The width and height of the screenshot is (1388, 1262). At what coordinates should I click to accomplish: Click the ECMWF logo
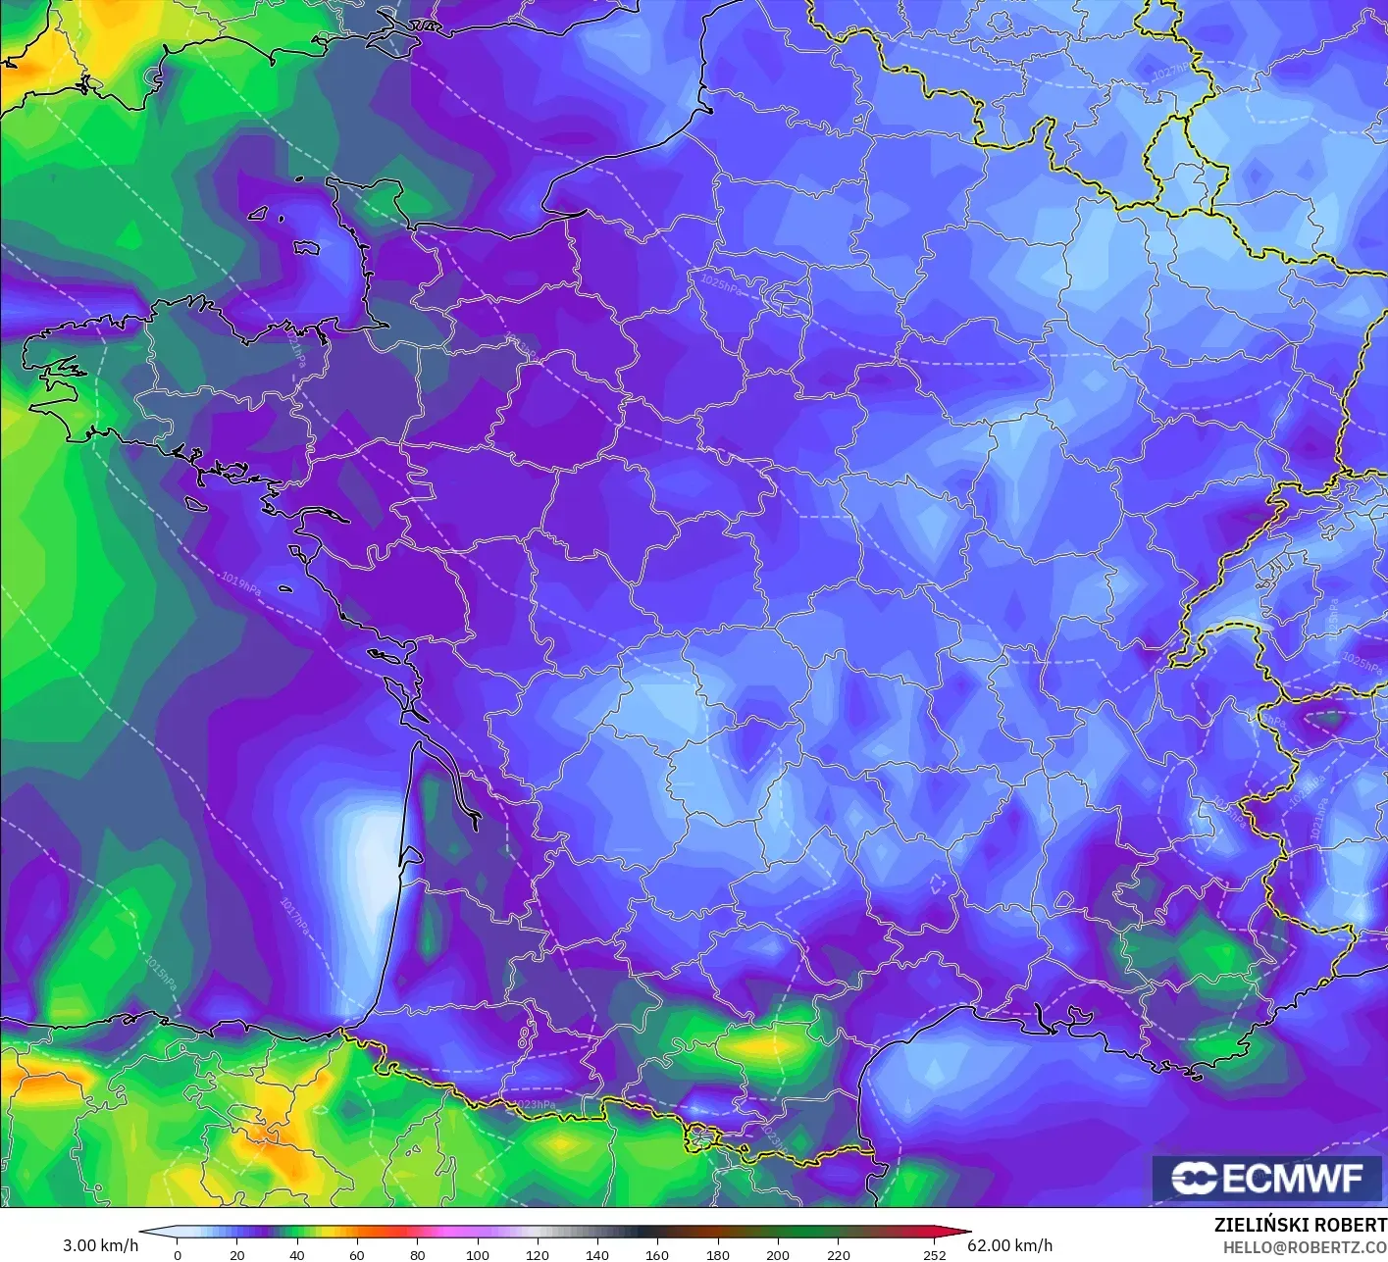click(x=1266, y=1178)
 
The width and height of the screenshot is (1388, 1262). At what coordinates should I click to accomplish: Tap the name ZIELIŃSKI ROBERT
click(x=1300, y=1225)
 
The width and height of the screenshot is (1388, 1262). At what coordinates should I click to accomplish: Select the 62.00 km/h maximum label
click(x=1009, y=1245)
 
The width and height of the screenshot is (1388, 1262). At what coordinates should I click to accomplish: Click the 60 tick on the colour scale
click(x=357, y=1254)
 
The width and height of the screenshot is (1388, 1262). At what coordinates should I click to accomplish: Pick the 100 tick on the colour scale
click(x=478, y=1254)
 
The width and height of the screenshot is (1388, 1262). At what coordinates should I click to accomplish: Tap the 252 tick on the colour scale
click(x=935, y=1254)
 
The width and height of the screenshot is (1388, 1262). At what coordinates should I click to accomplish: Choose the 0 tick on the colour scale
click(x=177, y=1254)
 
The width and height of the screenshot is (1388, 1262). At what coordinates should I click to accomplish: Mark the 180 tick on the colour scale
click(x=718, y=1254)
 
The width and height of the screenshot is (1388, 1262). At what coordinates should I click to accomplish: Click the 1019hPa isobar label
click(x=240, y=582)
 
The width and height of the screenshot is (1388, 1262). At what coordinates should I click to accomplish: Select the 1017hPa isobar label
click(x=293, y=918)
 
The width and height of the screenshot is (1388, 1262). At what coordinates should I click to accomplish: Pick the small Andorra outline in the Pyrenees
click(x=703, y=1137)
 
